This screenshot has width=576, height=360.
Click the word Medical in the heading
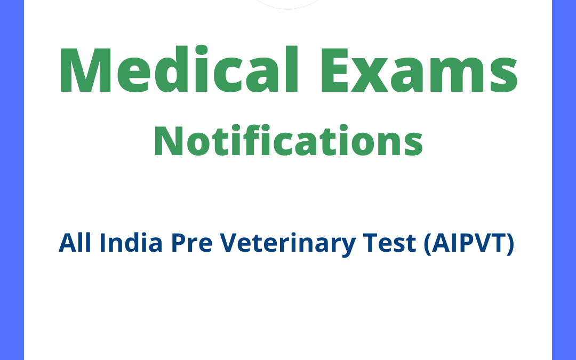176,71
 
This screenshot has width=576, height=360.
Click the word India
122,244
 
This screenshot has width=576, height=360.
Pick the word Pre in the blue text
184,244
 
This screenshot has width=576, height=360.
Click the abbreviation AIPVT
468,244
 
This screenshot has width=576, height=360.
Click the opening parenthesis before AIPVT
427,244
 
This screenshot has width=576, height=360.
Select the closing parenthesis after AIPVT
510,244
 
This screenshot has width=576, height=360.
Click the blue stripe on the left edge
12,180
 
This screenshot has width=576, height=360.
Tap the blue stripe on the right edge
564,180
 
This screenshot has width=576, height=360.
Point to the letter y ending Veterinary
347,246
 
